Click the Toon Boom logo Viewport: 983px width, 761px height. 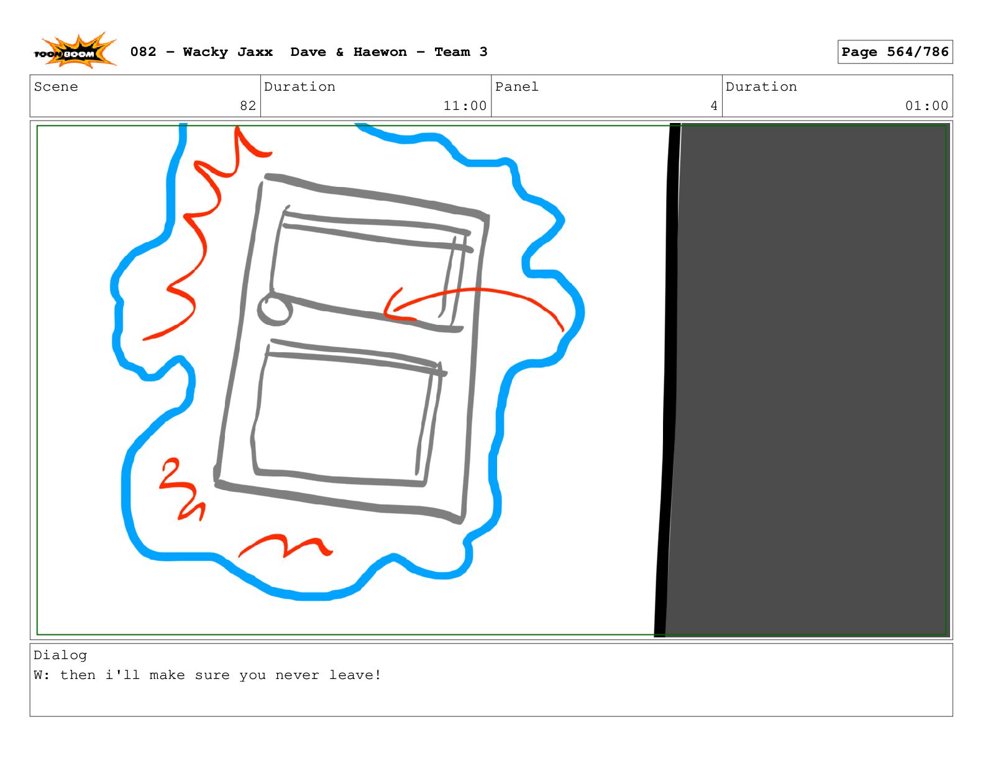[75, 51]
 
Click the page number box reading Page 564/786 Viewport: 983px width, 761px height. [894, 52]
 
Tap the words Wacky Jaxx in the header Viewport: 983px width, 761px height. [227, 52]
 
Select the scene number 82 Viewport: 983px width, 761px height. [247, 106]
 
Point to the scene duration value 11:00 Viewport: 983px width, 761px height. [465, 106]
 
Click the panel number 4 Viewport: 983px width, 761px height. [713, 106]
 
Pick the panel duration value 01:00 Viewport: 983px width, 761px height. [926, 106]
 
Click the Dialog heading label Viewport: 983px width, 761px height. [60, 655]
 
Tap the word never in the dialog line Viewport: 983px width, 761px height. [297, 675]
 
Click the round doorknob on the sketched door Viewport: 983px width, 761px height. [275, 309]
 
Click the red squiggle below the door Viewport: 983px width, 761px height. [285, 545]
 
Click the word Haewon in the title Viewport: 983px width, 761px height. [380, 52]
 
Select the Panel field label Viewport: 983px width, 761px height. [516, 86]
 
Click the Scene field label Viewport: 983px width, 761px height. [56, 86]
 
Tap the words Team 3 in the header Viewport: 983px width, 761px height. [460, 52]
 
